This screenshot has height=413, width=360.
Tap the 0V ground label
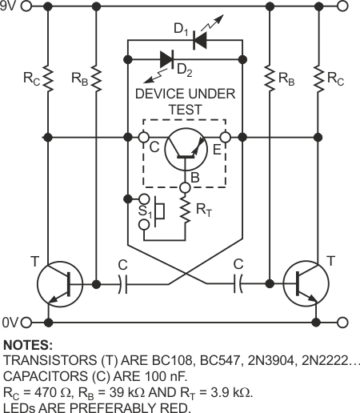point(9,322)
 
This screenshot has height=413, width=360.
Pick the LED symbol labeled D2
point(168,58)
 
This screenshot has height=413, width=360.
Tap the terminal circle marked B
point(185,188)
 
